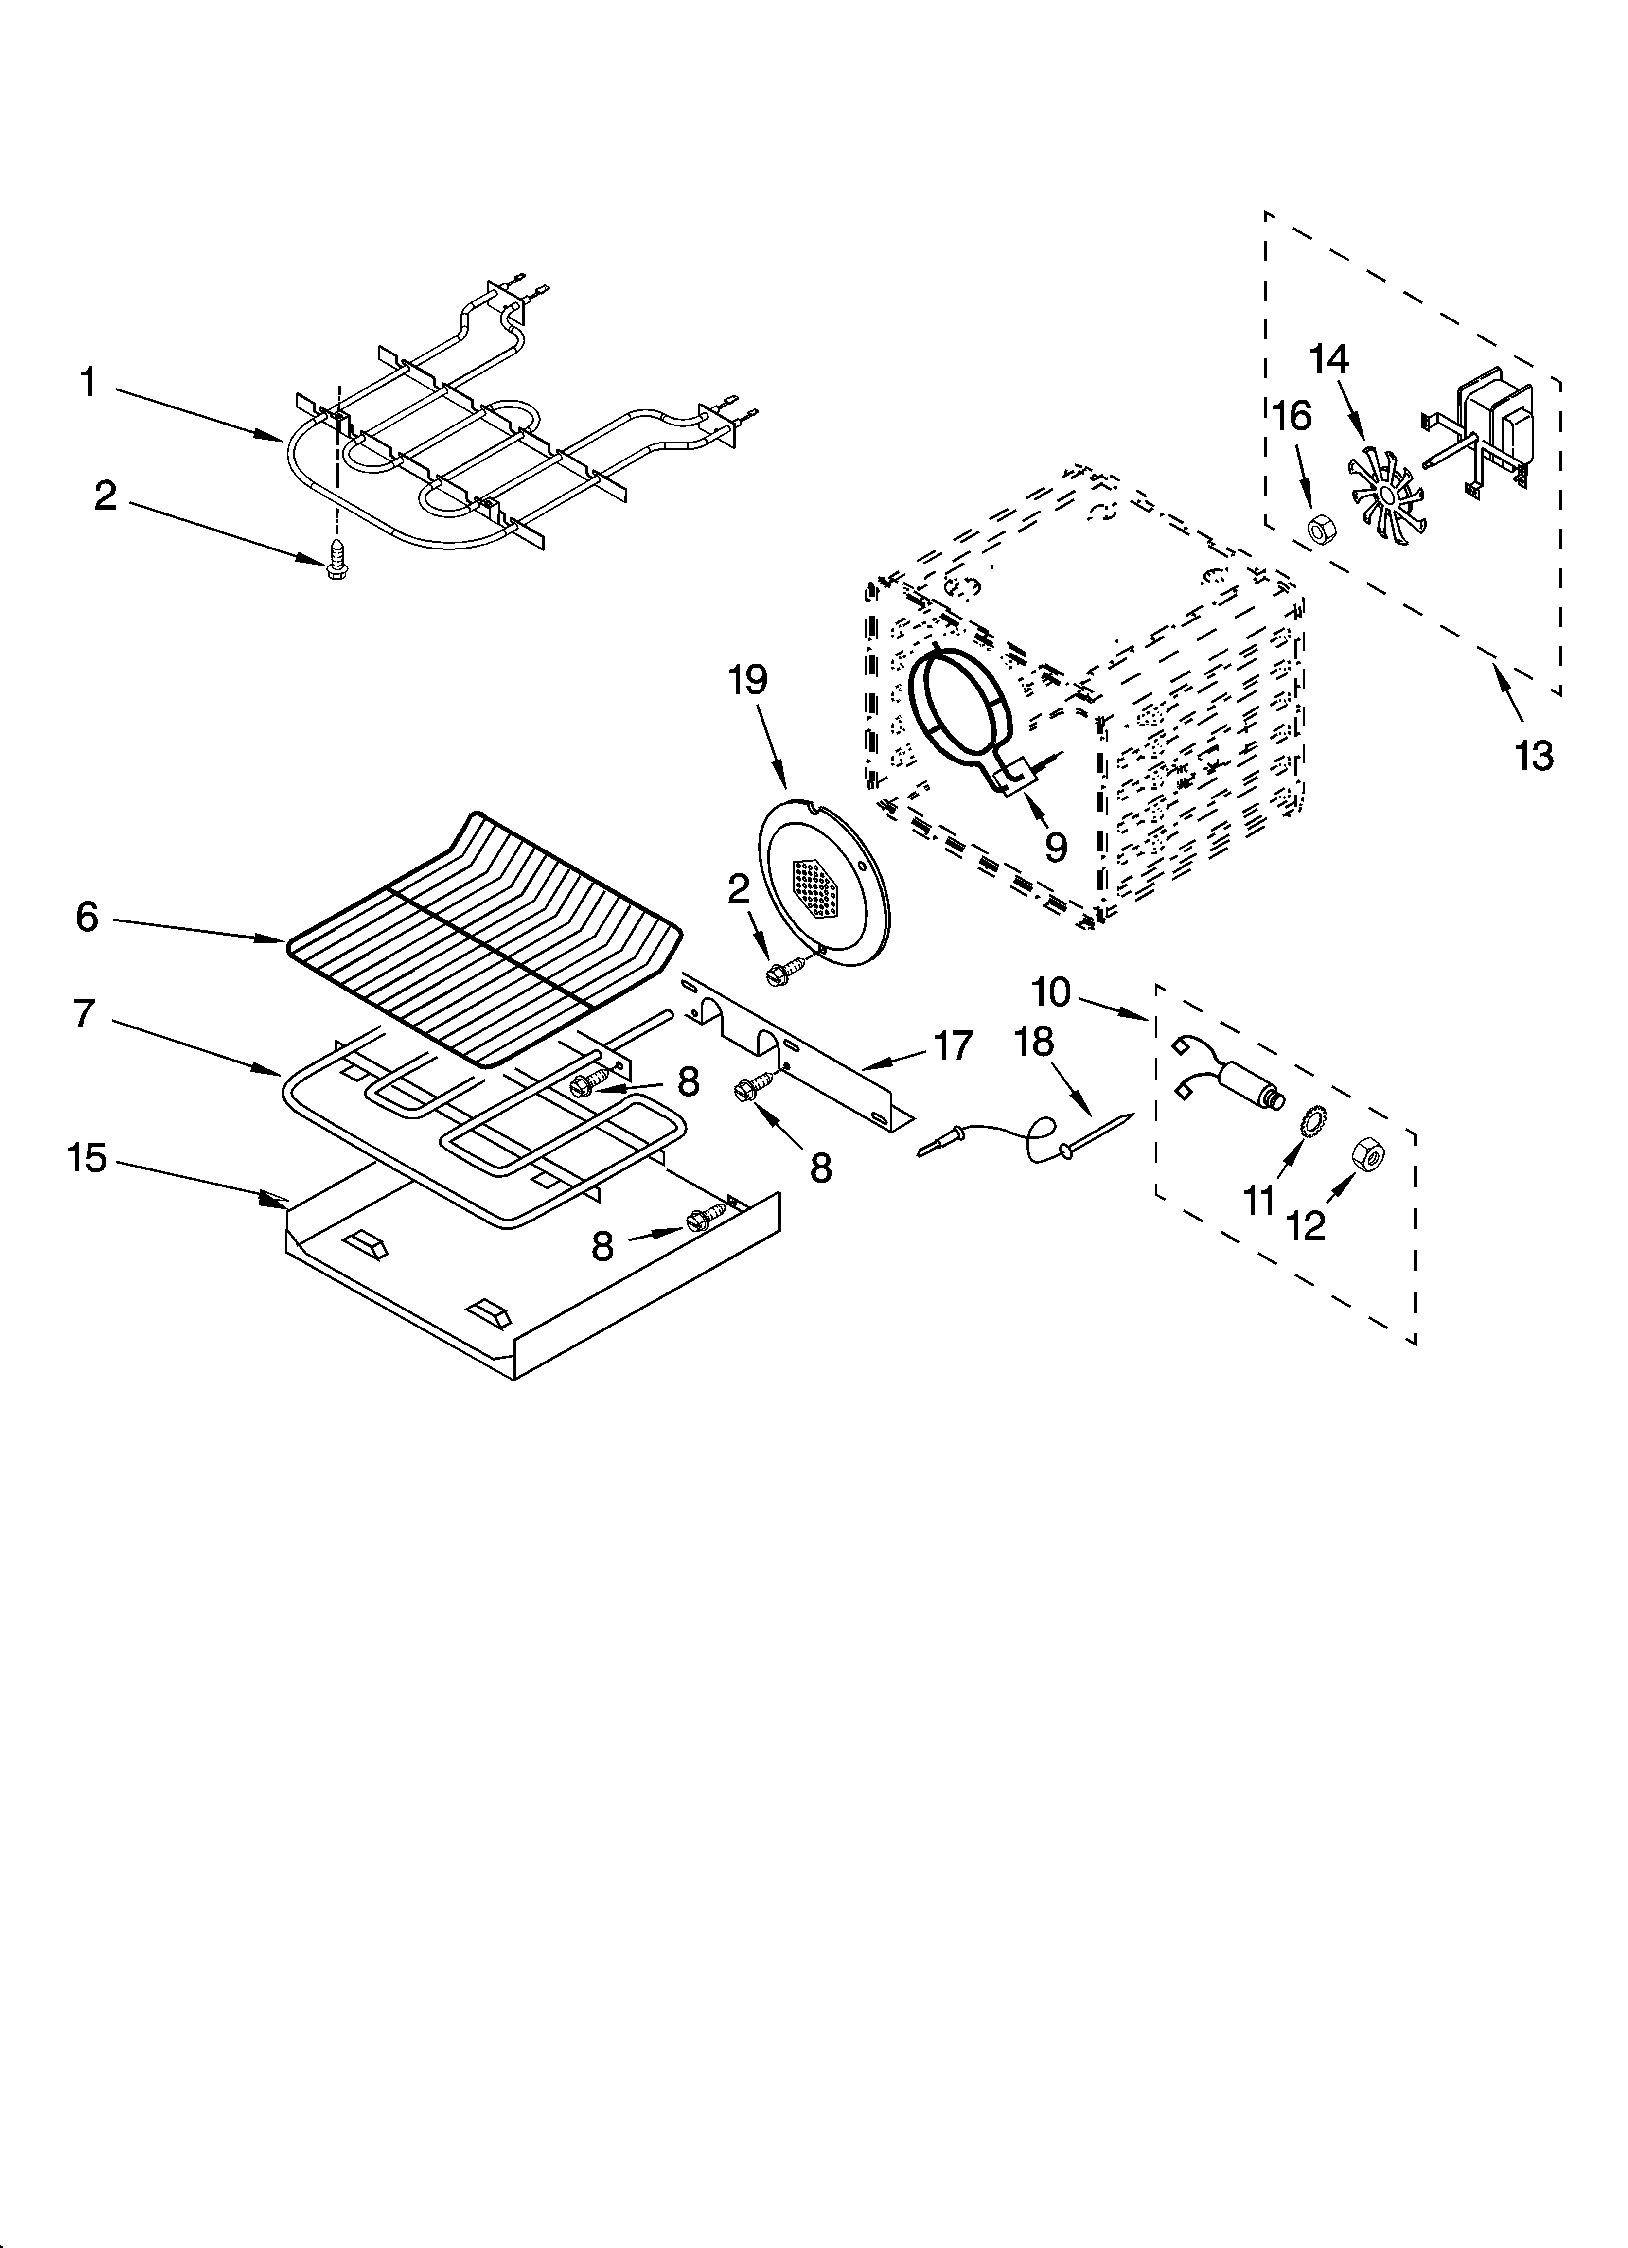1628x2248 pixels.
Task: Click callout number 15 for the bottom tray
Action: coord(87,1158)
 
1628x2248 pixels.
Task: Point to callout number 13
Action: coord(1534,756)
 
